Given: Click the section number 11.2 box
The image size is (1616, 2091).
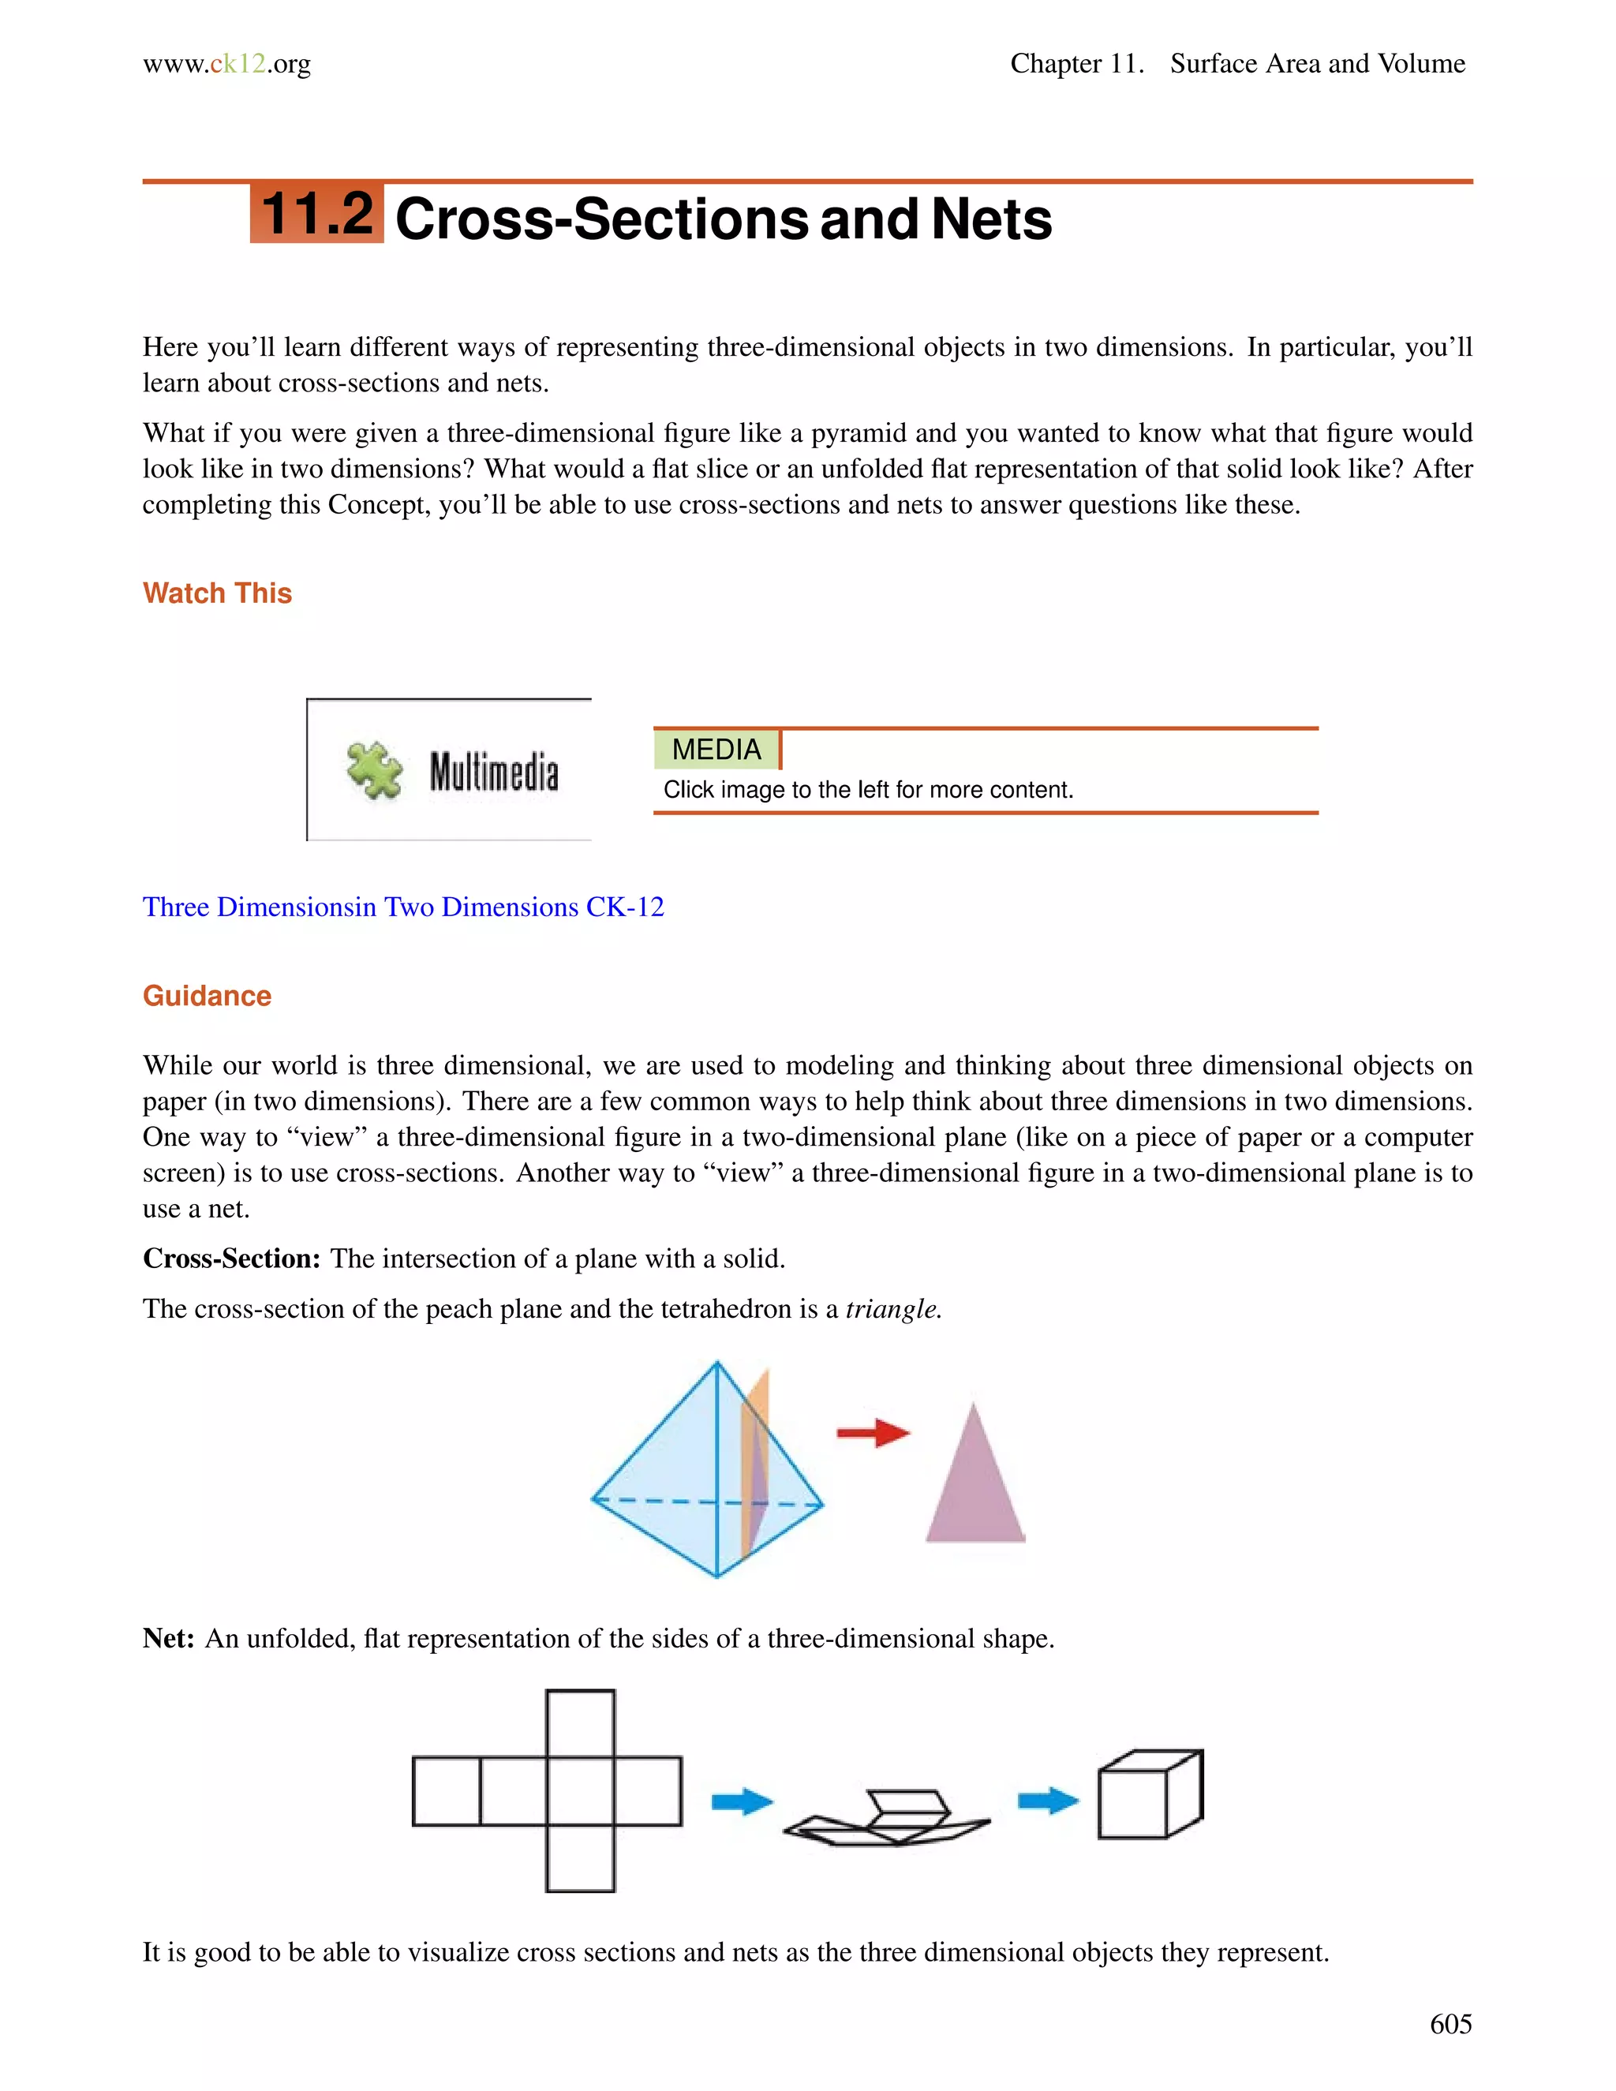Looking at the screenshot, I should point(317,214).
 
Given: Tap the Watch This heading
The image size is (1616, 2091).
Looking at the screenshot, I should point(217,593).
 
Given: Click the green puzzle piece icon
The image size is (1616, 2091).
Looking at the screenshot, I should point(374,770).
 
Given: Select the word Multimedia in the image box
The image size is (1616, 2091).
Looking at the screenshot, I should point(493,772).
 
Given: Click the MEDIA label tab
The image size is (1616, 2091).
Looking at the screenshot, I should point(716,750).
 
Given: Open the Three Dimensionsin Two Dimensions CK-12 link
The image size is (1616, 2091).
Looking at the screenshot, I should point(403,907).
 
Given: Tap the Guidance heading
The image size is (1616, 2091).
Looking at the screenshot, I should point(207,996).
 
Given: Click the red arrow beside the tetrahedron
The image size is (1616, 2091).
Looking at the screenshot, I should point(872,1432).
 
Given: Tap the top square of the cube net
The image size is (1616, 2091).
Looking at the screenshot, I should point(580,1723).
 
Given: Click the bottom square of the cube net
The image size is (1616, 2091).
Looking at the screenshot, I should point(580,1858).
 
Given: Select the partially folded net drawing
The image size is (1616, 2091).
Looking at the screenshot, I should point(886,1816).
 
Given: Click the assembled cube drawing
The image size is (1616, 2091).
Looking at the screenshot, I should point(1149,1794).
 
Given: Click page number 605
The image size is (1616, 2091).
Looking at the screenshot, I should point(1450,2024).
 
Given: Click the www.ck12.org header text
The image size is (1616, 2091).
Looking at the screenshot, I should point(227,64).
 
